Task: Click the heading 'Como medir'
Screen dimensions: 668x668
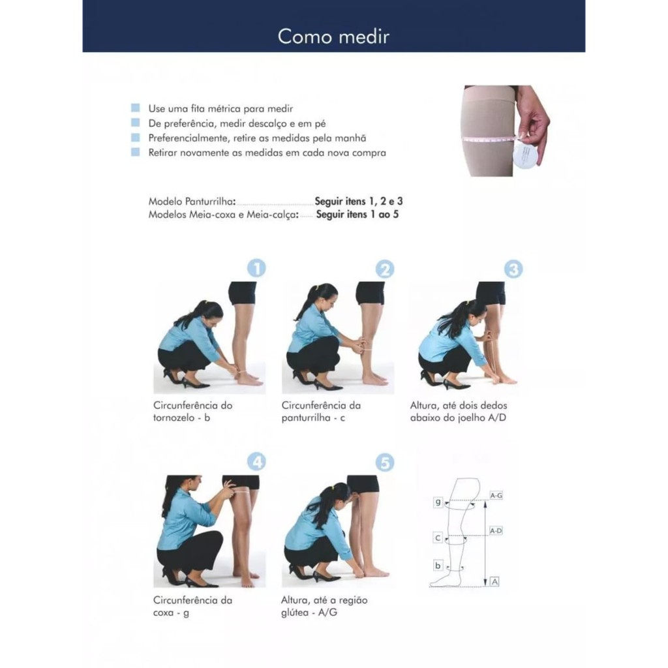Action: pyautogui.click(x=333, y=37)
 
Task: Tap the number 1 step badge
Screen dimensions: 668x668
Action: pyautogui.click(x=256, y=268)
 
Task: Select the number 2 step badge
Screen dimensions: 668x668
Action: pyautogui.click(x=385, y=269)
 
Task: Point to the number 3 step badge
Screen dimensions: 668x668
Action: pyautogui.click(x=513, y=269)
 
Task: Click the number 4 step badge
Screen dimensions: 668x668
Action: pyautogui.click(x=256, y=462)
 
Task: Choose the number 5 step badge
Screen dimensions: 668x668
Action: pyautogui.click(x=385, y=463)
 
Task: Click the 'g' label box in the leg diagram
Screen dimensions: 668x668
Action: pyautogui.click(x=438, y=502)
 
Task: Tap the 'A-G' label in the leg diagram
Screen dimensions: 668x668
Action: pyautogui.click(x=496, y=496)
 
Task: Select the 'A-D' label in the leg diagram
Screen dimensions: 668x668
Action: pyautogui.click(x=496, y=531)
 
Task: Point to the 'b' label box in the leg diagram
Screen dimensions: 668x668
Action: pyautogui.click(x=438, y=566)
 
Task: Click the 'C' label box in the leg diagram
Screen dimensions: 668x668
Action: pyautogui.click(x=438, y=538)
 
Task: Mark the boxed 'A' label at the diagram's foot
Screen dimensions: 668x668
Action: pyautogui.click(x=494, y=581)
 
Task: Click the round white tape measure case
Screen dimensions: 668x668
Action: pyautogui.click(x=525, y=156)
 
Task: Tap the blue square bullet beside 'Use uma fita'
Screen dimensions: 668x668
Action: pyautogui.click(x=136, y=108)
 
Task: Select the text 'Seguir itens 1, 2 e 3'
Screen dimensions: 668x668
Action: pyautogui.click(x=359, y=201)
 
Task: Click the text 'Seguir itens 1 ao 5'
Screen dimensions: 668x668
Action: pyautogui.click(x=357, y=214)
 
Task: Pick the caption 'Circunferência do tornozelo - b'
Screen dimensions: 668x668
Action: pyautogui.click(x=193, y=412)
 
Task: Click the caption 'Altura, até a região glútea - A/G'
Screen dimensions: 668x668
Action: pyautogui.click(x=324, y=606)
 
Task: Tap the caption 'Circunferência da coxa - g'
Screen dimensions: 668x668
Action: pyautogui.click(x=193, y=606)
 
